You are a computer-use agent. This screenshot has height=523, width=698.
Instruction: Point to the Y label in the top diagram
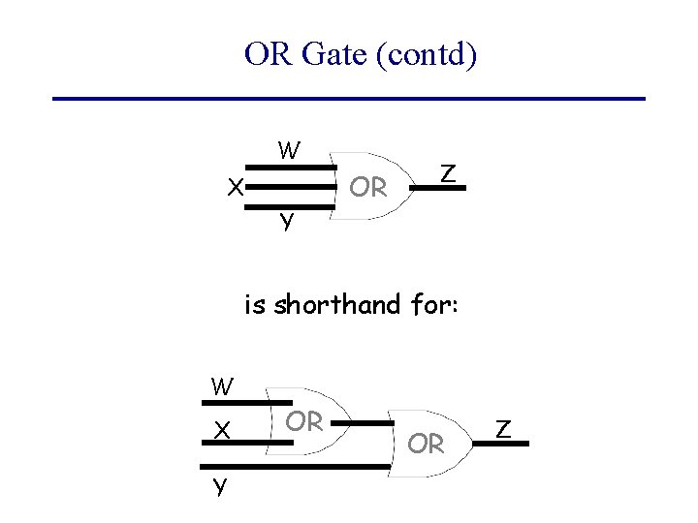click(287, 221)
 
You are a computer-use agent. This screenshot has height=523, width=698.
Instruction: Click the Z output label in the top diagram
click(447, 173)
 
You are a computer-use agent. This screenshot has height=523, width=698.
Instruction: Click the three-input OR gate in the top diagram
click(368, 186)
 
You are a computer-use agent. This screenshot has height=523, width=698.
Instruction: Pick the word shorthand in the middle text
click(337, 305)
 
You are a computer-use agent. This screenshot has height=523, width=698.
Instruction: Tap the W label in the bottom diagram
click(222, 386)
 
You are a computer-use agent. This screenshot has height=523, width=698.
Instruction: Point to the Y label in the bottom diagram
click(220, 485)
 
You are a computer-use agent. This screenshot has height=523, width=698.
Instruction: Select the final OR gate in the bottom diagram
click(427, 444)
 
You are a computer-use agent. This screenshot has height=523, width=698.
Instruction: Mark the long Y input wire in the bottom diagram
click(310, 466)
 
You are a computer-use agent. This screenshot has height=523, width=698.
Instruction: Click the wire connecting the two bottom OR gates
click(367, 423)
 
